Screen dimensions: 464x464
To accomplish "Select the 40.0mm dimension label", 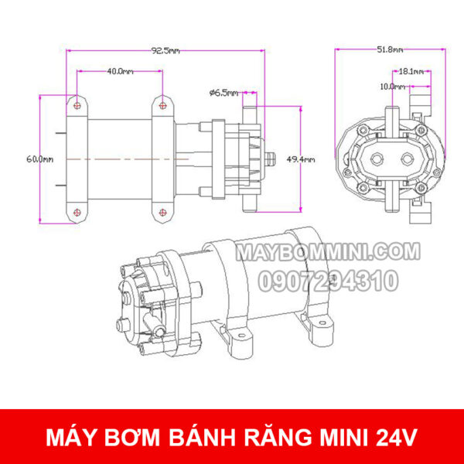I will coord(119,71).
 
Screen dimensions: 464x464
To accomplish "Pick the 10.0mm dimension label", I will coord(392,87).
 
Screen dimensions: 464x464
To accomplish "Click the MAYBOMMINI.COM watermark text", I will coord(327,252).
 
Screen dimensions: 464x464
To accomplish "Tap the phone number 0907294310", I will coord(327,280).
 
